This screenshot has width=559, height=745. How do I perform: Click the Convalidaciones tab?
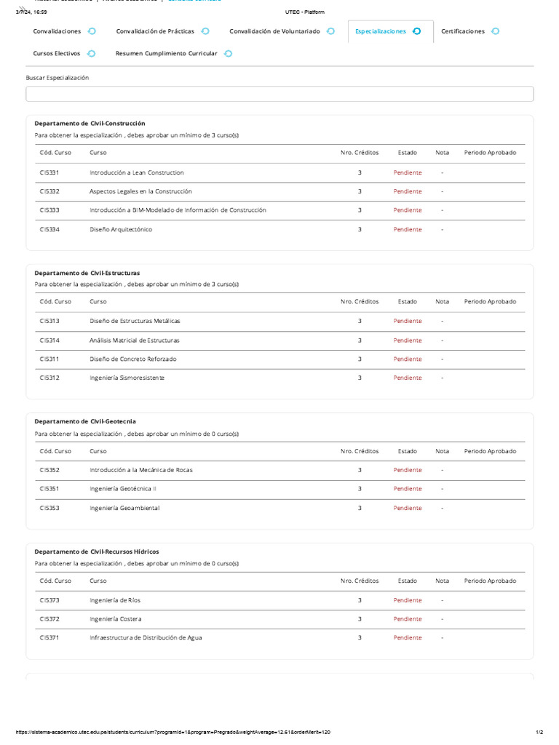pyautogui.click(x=57, y=31)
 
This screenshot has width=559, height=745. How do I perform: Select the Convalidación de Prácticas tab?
pyautogui.click(x=155, y=31)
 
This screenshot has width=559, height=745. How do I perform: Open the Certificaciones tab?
pyautogui.click(x=463, y=31)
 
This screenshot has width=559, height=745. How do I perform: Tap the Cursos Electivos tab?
pyautogui.click(x=57, y=53)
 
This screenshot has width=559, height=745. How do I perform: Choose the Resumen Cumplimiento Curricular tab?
pyautogui.click(x=166, y=53)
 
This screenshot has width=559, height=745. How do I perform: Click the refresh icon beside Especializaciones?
pyautogui.click(x=416, y=31)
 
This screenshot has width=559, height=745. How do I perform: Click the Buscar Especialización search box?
pyautogui.click(x=279, y=94)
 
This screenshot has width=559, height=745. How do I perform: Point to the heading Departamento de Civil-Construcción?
pyautogui.click(x=90, y=124)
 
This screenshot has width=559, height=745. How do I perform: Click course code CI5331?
pyautogui.click(x=49, y=172)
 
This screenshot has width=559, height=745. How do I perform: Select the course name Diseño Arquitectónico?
pyautogui.click(x=121, y=229)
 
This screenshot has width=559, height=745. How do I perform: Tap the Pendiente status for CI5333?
pyautogui.click(x=408, y=210)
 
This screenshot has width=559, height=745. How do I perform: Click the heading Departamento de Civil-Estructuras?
pyautogui.click(x=87, y=273)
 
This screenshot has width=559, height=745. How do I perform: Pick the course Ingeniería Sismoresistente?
pyautogui.click(x=127, y=378)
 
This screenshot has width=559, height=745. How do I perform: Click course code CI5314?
pyautogui.click(x=49, y=340)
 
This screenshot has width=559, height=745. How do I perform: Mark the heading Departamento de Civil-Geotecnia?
pyautogui.click(x=85, y=421)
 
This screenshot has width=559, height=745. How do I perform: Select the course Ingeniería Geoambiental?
pyautogui.click(x=124, y=508)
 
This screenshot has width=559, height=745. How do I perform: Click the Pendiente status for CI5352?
pyautogui.click(x=408, y=470)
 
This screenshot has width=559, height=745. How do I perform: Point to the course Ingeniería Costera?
pyautogui.click(x=116, y=619)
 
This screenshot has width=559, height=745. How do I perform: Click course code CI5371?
pyautogui.click(x=49, y=637)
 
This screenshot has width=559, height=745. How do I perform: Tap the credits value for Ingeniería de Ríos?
pyautogui.click(x=360, y=600)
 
